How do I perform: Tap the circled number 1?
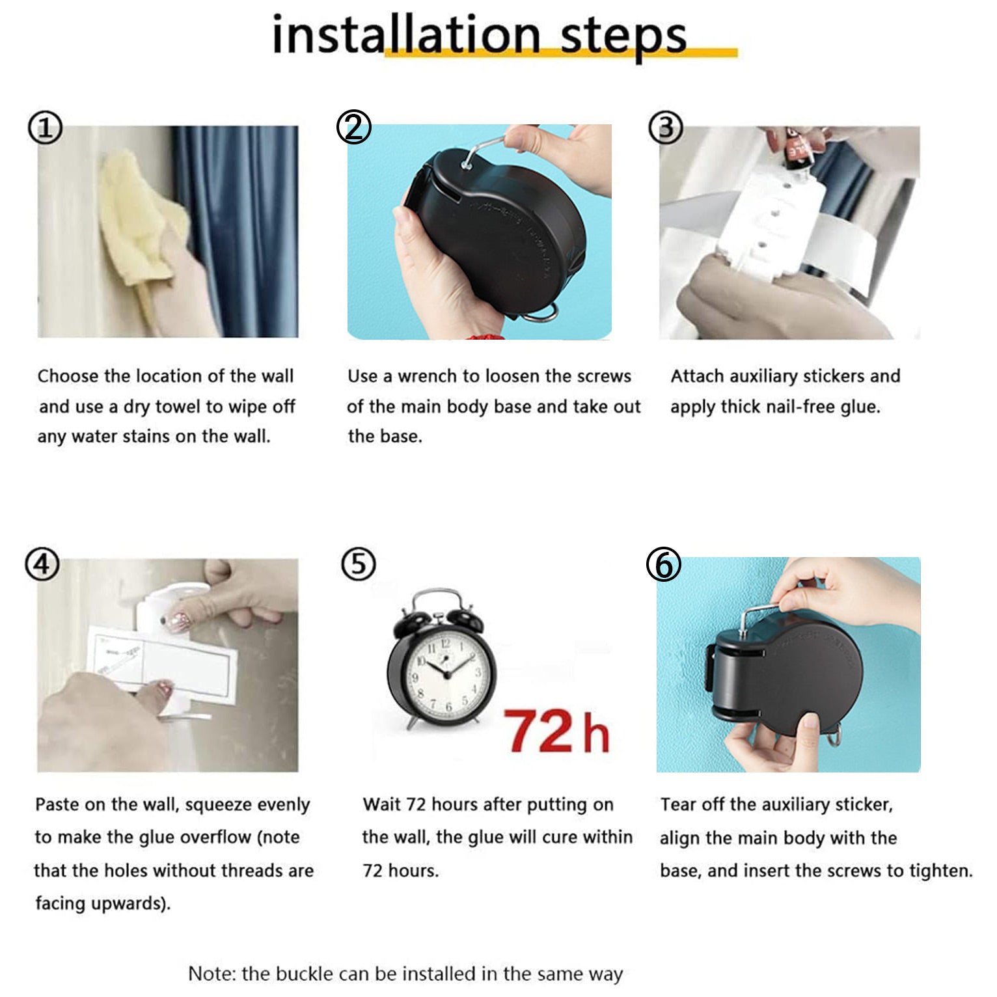(x=45, y=128)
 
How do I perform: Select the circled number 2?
(x=353, y=127)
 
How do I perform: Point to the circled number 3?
(x=666, y=128)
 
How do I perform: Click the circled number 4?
(x=42, y=564)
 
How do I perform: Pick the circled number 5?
(x=359, y=564)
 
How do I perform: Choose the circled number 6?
(x=664, y=564)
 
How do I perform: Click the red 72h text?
(x=556, y=731)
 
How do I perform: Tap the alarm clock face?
(x=448, y=674)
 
